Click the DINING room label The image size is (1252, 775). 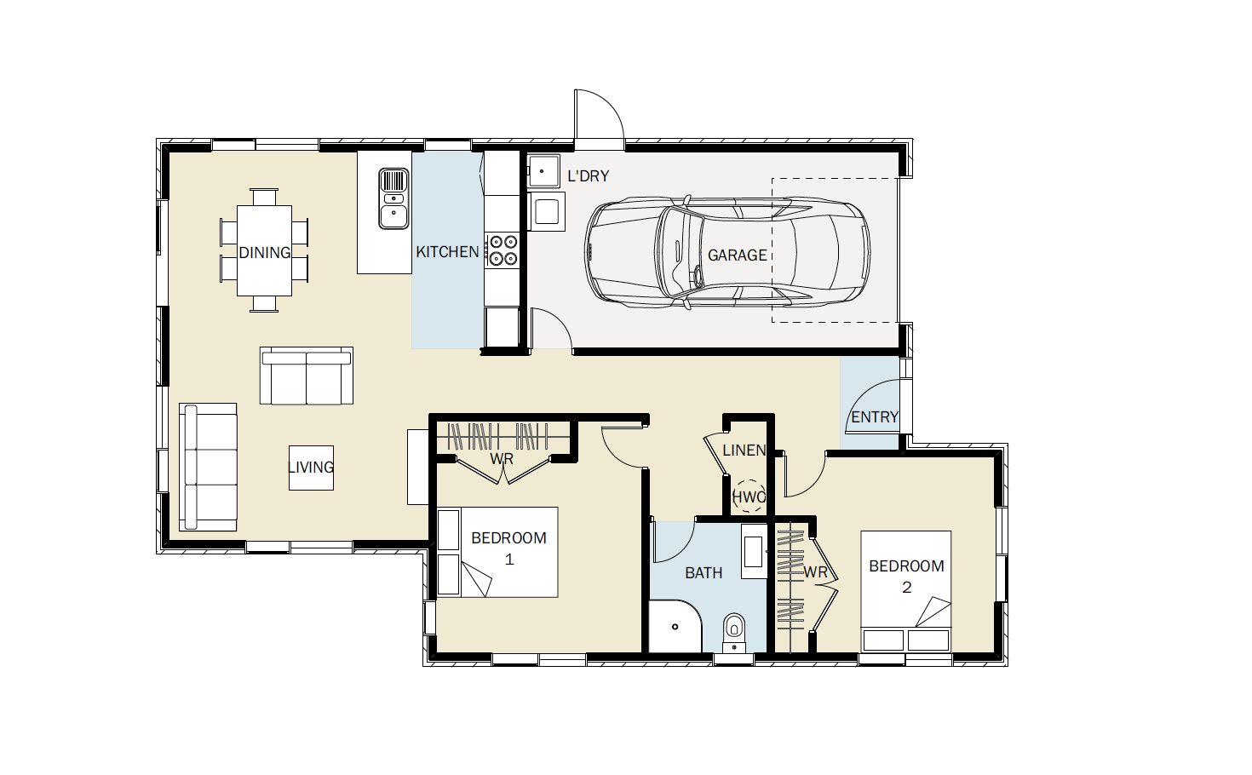tap(264, 253)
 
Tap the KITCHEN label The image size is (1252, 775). tap(447, 252)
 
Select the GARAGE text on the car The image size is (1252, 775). tap(738, 255)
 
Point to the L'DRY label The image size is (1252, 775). tap(588, 176)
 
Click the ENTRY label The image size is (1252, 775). tap(875, 416)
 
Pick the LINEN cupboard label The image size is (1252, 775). tap(744, 451)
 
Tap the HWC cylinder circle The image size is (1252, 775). tap(749, 497)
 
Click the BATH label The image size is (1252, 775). tap(704, 572)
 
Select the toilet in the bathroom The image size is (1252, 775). tap(734, 633)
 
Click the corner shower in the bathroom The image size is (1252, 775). tap(675, 626)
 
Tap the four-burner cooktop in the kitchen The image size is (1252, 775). tap(503, 250)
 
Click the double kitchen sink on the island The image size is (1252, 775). tap(394, 198)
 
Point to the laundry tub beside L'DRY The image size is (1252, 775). tap(543, 171)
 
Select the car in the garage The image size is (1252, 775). tap(727, 252)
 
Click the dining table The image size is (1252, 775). tap(264, 250)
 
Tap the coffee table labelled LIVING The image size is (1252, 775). tap(311, 468)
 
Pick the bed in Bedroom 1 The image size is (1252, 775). tap(497, 552)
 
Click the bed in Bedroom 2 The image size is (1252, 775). tap(906, 591)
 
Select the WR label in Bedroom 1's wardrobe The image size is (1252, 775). tap(502, 459)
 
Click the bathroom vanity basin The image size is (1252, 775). tap(755, 551)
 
